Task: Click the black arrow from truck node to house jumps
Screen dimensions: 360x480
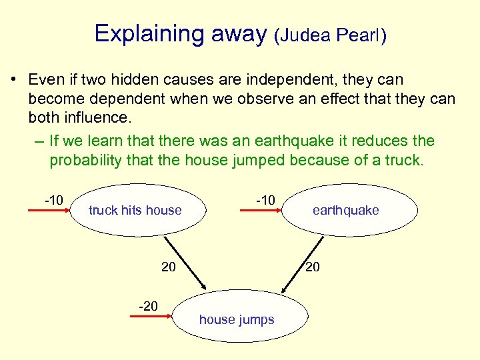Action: (x=185, y=261)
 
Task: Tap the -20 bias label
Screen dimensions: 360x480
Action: (x=148, y=306)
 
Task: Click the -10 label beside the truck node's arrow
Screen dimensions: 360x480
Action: (x=54, y=200)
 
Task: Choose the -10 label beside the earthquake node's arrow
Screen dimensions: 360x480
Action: (x=265, y=200)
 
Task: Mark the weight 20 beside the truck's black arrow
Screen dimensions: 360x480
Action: (x=169, y=267)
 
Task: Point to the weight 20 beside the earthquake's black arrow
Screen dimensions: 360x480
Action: (x=312, y=267)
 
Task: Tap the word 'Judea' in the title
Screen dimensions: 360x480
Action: (x=307, y=36)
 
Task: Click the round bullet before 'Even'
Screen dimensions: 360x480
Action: (x=13, y=80)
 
